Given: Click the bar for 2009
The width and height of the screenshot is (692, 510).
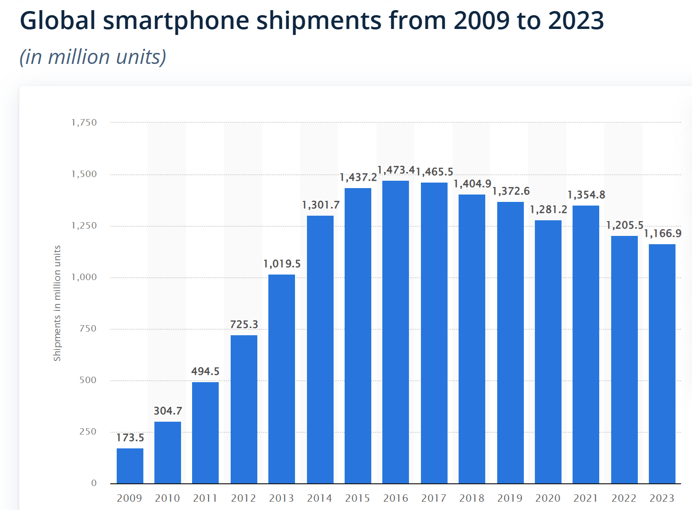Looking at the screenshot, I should tap(130, 465).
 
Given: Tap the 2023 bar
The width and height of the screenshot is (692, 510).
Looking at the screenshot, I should tap(662, 364).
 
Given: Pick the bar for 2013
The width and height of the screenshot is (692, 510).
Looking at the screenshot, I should tap(282, 379).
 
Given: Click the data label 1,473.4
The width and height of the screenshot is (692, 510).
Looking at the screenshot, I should tap(396, 170).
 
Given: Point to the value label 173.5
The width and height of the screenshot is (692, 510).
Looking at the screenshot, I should tap(130, 438).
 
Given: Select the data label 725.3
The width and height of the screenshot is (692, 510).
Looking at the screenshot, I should tap(244, 325).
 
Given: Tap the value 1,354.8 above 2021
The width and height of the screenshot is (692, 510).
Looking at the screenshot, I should tap(586, 195).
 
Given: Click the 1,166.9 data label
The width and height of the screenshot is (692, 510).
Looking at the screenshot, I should tap(663, 234).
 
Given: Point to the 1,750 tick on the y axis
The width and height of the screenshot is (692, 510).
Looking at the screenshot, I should tap(84, 122).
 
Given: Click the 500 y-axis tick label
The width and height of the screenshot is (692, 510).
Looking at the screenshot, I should tap(88, 380).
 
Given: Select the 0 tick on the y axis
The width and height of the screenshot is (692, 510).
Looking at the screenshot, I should tap(94, 483).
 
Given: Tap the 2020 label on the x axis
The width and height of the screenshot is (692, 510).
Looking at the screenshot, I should tap(548, 498).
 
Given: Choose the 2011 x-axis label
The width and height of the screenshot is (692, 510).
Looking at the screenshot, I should tap(205, 498).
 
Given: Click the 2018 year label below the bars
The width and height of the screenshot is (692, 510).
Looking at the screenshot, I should tap(472, 498).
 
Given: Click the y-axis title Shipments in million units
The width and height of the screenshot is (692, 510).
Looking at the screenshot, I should tap(57, 303).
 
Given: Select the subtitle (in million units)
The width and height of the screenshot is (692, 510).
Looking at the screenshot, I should tap(93, 57).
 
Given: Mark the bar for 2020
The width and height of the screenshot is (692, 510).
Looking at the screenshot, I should tap(548, 352).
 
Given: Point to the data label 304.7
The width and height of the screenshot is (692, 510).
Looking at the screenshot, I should tap(168, 411).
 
